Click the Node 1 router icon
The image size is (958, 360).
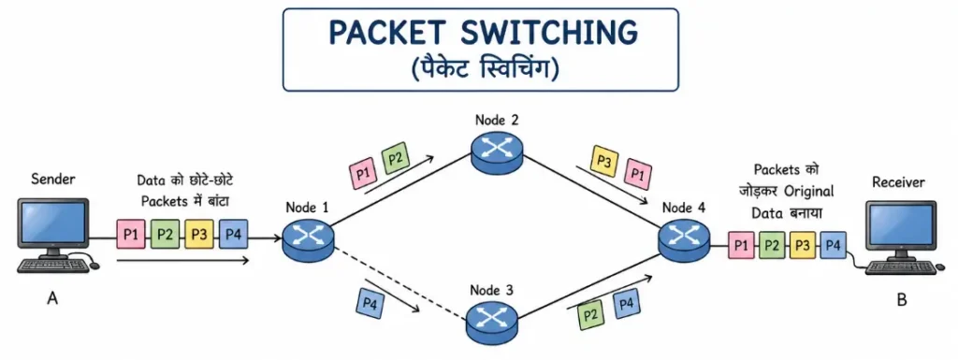[x=310, y=239]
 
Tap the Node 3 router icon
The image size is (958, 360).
[x=492, y=323]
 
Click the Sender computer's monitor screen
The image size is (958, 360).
[x=53, y=223]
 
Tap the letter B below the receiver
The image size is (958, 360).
[x=901, y=301]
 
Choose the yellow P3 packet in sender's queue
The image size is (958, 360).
[x=198, y=233]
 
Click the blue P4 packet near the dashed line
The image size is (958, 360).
[x=370, y=301]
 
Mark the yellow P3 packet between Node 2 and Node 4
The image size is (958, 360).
[x=604, y=160]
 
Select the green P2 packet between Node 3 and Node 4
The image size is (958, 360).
[x=591, y=311]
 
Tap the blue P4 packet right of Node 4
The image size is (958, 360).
[x=834, y=246]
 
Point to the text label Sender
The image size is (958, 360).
[x=52, y=178]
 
